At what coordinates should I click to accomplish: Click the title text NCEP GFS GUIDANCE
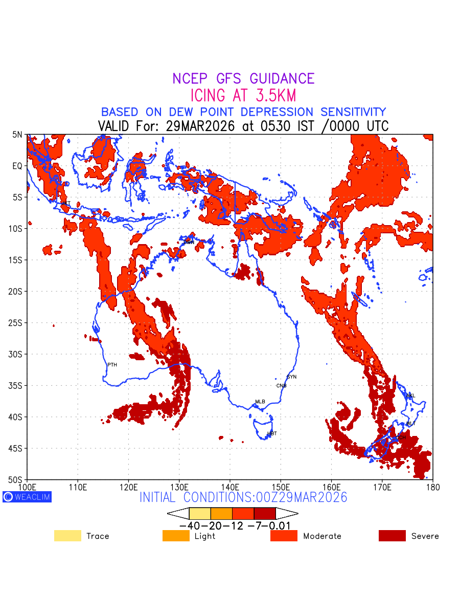click(x=243, y=79)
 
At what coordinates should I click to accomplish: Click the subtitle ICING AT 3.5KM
click(x=243, y=96)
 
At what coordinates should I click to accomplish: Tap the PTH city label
click(x=112, y=365)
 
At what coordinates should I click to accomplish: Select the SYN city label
click(x=291, y=377)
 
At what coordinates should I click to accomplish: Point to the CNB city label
click(x=281, y=386)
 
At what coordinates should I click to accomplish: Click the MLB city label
click(x=260, y=402)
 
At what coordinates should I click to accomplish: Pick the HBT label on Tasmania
click(x=272, y=434)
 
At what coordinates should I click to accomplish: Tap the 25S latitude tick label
click(x=17, y=323)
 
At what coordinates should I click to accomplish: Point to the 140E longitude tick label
click(x=230, y=487)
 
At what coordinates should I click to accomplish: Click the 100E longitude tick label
click(x=27, y=487)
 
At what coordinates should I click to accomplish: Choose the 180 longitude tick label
click(x=432, y=487)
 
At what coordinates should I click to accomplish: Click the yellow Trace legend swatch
click(x=67, y=536)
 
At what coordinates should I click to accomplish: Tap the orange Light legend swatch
click(x=176, y=536)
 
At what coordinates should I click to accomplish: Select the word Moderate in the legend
click(x=322, y=536)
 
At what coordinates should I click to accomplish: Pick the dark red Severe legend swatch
click(x=392, y=536)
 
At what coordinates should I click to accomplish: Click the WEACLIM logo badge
click(x=27, y=497)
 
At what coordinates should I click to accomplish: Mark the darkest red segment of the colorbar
click(x=265, y=513)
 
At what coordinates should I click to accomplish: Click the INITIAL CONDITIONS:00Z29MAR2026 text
click(x=243, y=497)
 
